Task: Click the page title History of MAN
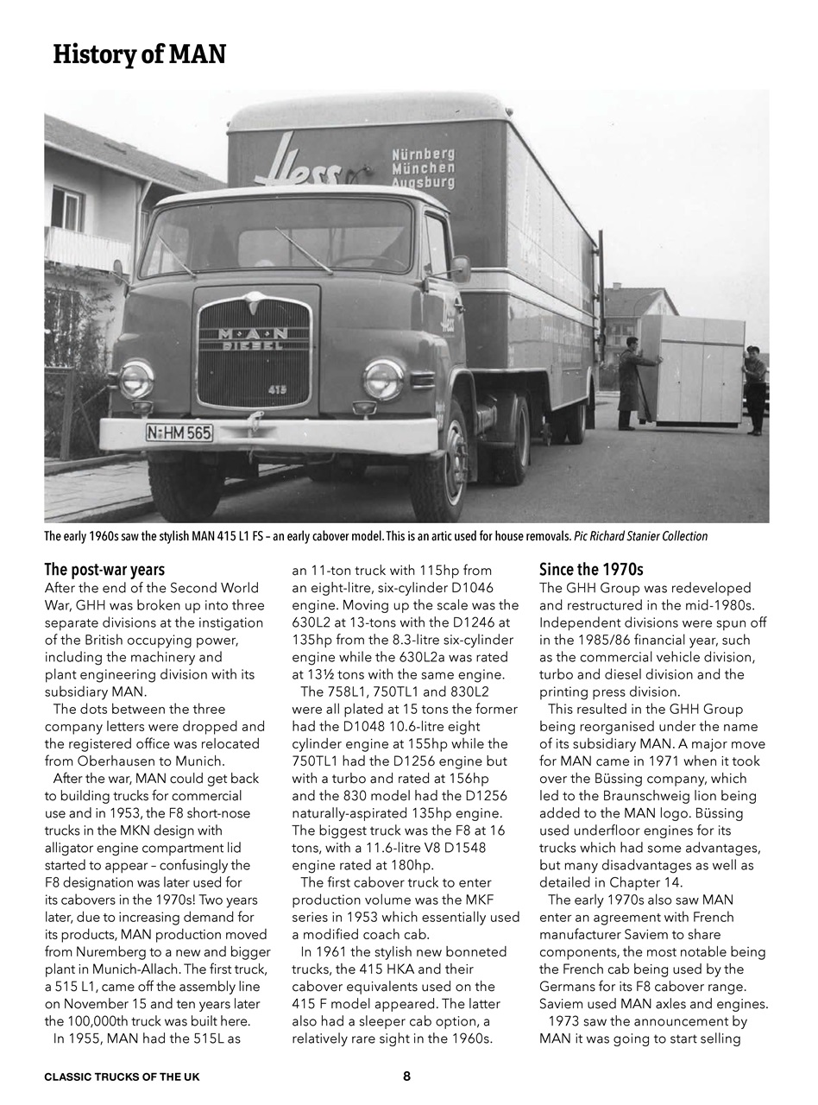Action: point(139,54)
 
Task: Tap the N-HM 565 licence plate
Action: point(179,433)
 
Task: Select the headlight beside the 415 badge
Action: point(383,379)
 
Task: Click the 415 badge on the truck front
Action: point(277,390)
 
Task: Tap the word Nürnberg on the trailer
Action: point(423,155)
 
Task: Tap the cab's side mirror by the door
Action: point(460,268)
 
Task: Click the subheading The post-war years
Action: point(104,570)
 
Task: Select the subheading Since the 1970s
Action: point(591,570)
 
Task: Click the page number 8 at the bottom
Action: point(406,1076)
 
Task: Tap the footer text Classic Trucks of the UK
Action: point(122,1077)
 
